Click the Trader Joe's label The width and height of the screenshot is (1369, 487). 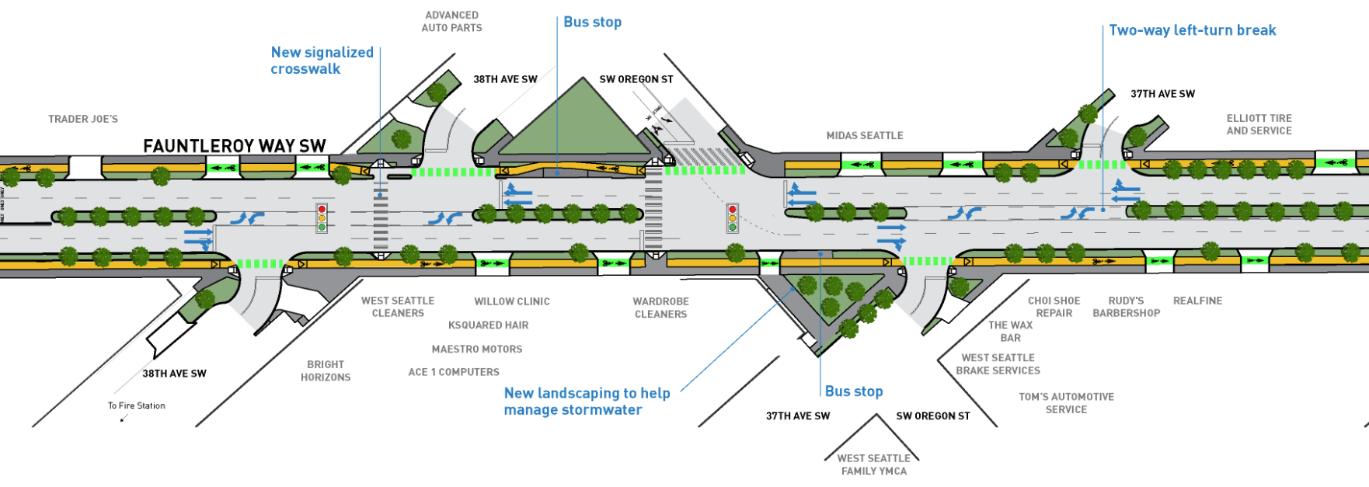click(x=83, y=119)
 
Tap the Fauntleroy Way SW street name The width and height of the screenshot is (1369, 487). click(x=234, y=145)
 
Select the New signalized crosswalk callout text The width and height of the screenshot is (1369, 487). click(x=322, y=61)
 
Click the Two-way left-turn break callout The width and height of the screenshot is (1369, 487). click(x=1192, y=30)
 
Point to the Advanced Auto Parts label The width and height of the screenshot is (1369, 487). click(x=451, y=21)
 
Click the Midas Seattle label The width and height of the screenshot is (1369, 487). click(x=864, y=135)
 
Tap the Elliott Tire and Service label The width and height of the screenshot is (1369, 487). click(x=1259, y=124)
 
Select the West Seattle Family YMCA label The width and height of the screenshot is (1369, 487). click(x=873, y=464)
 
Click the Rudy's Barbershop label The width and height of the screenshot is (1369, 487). click(x=1126, y=307)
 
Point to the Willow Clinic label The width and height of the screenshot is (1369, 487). click(x=511, y=301)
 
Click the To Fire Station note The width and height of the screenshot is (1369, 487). click(x=136, y=405)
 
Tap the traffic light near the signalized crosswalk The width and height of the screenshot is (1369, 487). click(x=322, y=218)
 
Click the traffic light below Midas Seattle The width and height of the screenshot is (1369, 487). click(x=731, y=218)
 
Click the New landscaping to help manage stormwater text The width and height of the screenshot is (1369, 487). click(x=587, y=402)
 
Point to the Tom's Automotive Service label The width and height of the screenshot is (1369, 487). click(x=1066, y=402)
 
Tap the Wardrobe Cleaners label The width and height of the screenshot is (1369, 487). click(x=660, y=308)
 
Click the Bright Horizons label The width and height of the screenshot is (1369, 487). click(x=326, y=370)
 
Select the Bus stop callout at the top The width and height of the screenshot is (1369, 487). click(x=592, y=22)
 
